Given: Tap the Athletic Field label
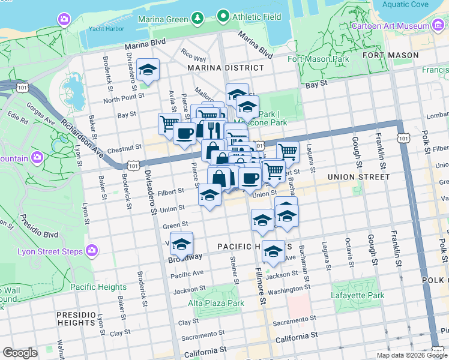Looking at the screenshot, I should click(x=257, y=17).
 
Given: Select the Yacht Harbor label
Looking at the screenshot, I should click(x=106, y=28).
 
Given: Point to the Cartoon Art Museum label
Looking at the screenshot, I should click(x=390, y=26).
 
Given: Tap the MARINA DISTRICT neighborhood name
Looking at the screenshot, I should click(x=225, y=68).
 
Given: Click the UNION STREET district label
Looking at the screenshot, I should click(x=358, y=177).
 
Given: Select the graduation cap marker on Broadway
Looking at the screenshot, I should click(x=181, y=244).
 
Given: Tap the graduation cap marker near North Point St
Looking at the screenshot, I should click(x=148, y=71).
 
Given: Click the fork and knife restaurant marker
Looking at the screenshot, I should click(x=212, y=129).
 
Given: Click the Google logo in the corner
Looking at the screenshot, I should click(x=20, y=353).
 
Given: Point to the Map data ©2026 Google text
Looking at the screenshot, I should click(x=411, y=355).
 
